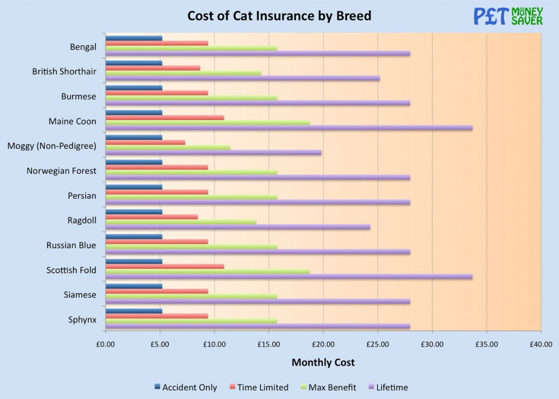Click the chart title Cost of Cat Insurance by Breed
[279, 15]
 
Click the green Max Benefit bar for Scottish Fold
[207, 271]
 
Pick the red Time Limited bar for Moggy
[145, 142]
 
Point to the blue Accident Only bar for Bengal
[134, 38]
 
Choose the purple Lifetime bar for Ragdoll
[237, 227]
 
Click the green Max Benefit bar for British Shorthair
[183, 73]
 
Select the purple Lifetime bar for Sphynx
[257, 326]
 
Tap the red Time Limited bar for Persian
[157, 192]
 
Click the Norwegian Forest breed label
[61, 171]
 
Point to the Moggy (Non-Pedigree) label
[52, 146]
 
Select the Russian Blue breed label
[71, 245]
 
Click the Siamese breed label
[80, 295]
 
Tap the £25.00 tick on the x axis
[378, 344]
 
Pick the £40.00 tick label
[540, 344]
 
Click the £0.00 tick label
[105, 344]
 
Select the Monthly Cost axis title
[323, 362]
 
